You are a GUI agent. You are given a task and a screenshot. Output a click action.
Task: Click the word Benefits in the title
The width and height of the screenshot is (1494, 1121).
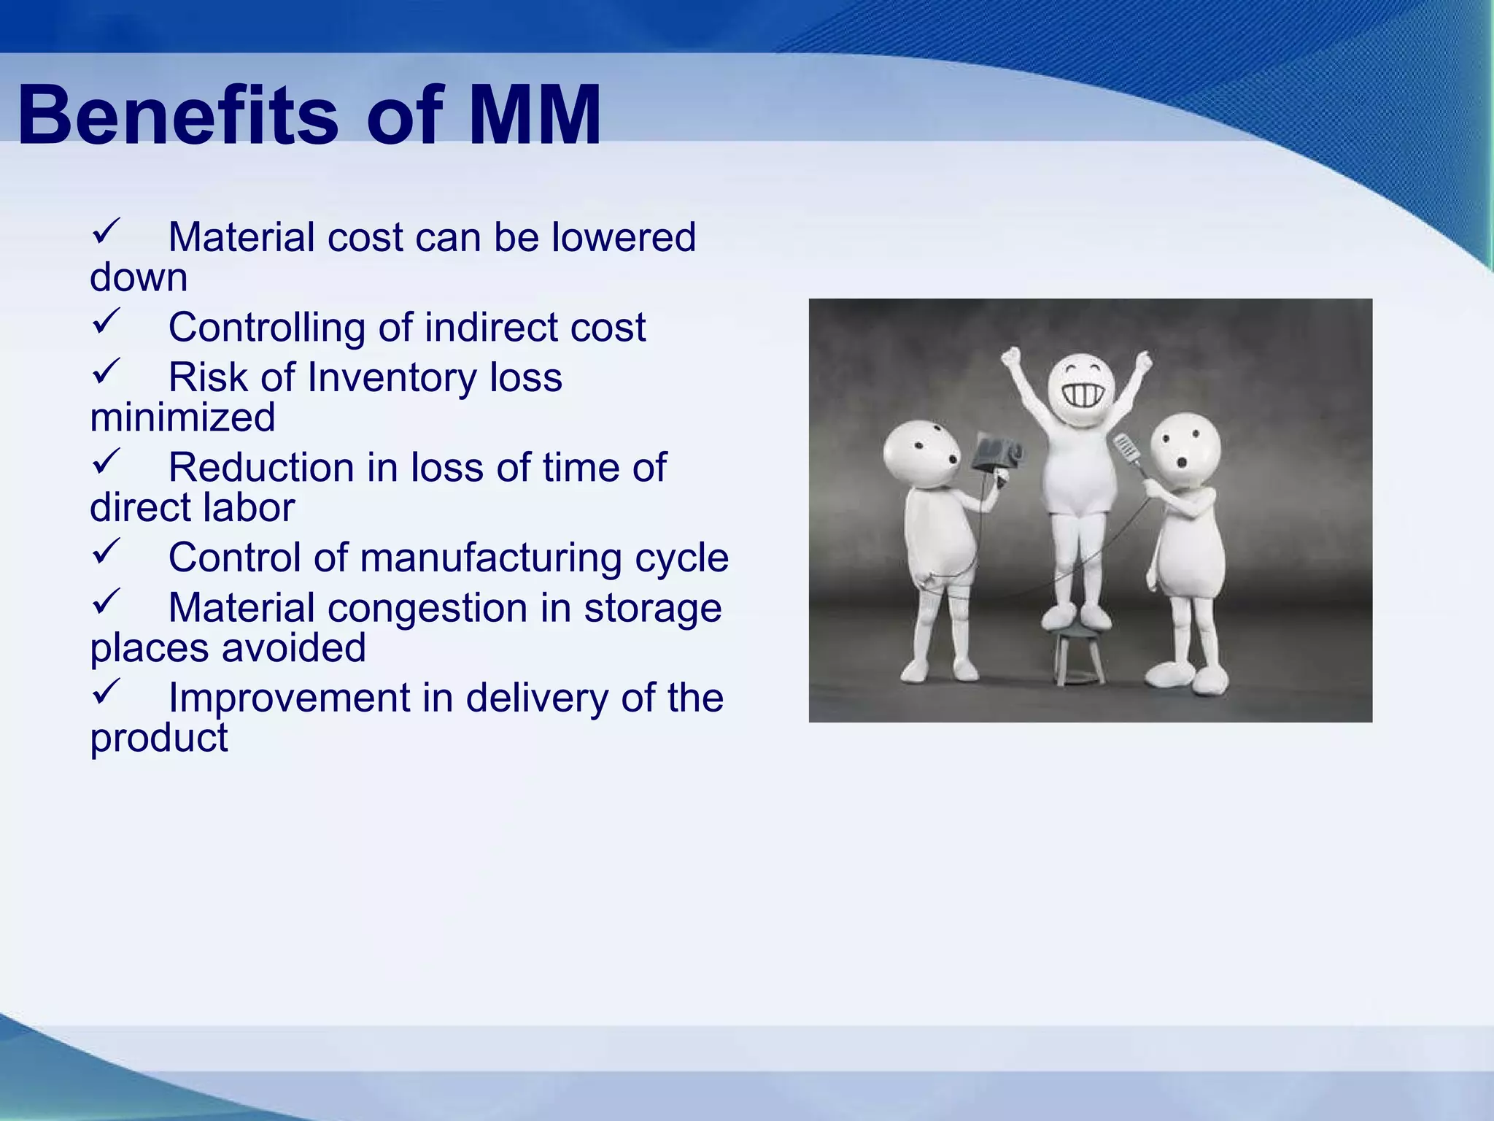[178, 115]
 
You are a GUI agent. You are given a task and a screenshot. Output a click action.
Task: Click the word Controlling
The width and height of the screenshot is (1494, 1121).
[266, 328]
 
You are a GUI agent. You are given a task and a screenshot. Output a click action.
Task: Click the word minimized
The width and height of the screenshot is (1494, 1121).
[182, 417]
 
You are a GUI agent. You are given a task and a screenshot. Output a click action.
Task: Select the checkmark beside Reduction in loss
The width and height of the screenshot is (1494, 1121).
[106, 462]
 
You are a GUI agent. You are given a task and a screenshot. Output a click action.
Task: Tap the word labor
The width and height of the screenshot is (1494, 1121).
[248, 507]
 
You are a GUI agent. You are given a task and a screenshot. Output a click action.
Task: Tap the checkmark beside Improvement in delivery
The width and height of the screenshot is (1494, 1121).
[106, 692]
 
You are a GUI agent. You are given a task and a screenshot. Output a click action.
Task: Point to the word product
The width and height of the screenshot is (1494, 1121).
[158, 738]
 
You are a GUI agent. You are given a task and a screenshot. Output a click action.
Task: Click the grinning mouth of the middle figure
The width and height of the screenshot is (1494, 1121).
[1082, 396]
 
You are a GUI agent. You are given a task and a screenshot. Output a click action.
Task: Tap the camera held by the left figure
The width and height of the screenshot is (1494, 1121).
[996, 454]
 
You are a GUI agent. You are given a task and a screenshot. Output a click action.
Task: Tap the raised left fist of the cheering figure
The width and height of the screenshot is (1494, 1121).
[1011, 358]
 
